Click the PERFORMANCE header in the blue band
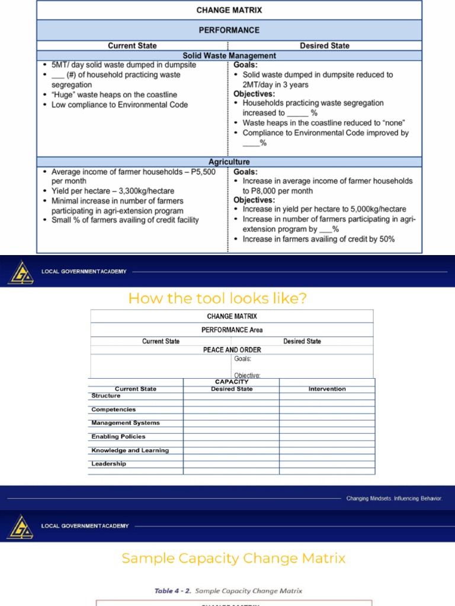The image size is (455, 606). [229, 30]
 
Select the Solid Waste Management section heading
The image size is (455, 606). [229, 56]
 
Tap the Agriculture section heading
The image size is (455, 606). [229, 162]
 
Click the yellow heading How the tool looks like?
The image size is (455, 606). [217, 298]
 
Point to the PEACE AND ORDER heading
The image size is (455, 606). [232, 350]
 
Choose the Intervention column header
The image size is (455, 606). [327, 389]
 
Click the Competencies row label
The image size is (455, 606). [113, 410]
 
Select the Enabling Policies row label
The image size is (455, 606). [118, 437]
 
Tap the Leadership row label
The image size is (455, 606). [108, 464]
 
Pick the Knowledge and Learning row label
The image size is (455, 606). [130, 450]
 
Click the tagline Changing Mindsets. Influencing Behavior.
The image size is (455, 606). [394, 498]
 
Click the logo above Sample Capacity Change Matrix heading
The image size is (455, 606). [20, 526]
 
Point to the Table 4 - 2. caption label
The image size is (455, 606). [173, 591]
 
